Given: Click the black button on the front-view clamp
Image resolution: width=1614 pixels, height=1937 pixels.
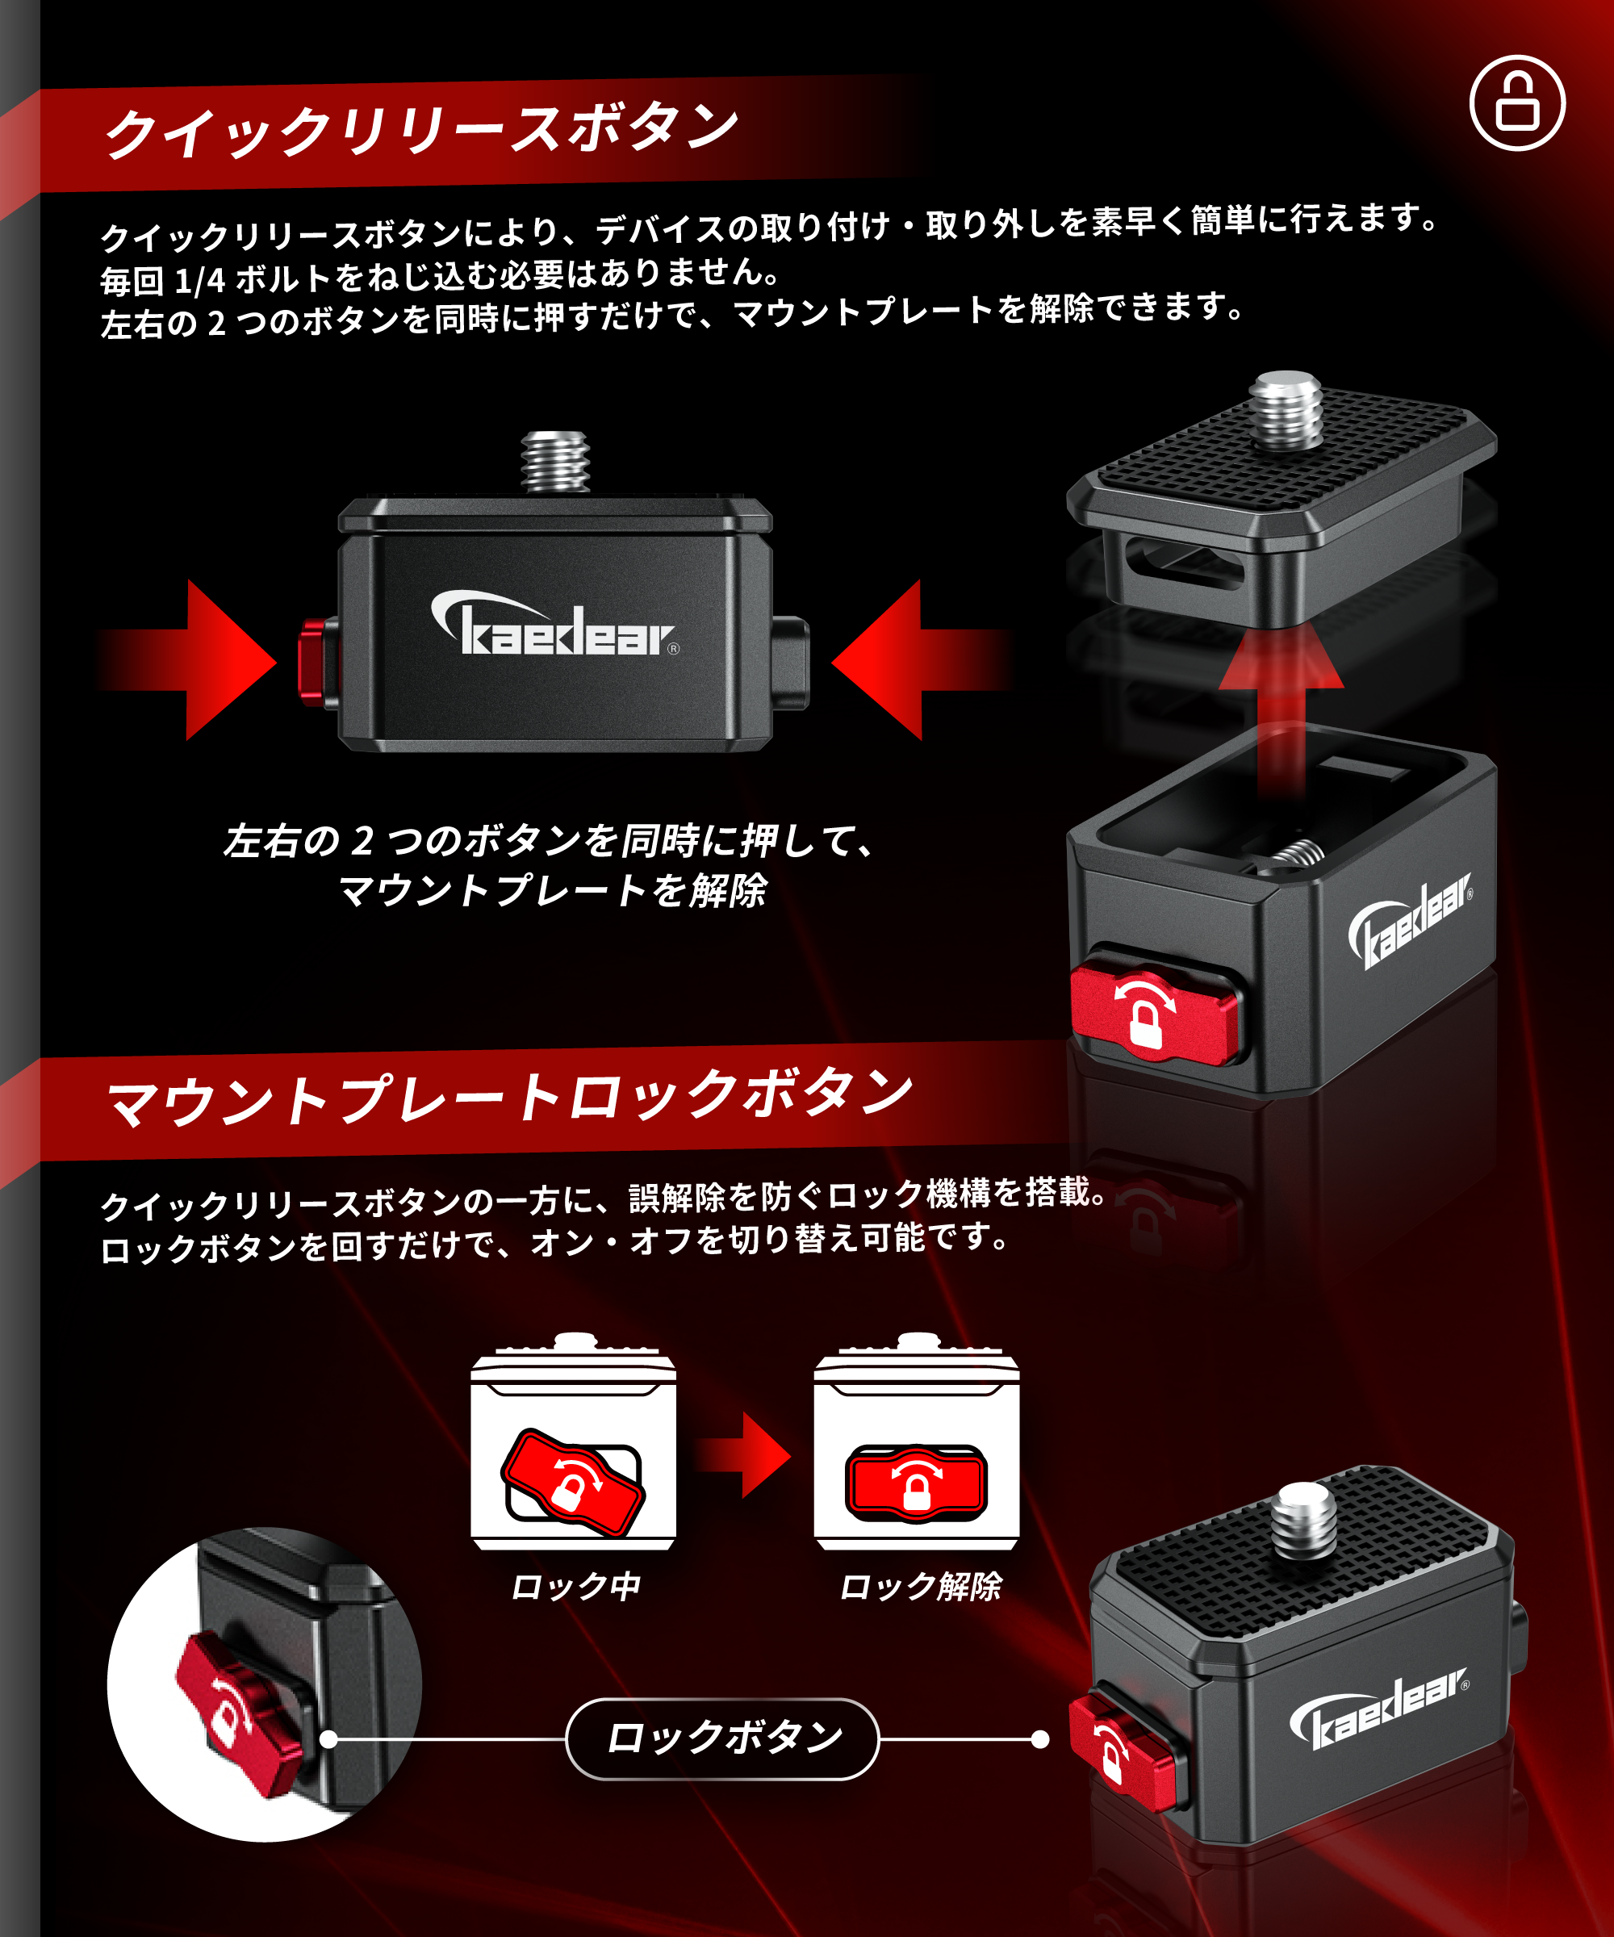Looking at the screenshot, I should tap(792, 663).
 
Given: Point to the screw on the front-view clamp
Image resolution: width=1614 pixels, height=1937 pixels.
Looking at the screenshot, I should tap(555, 460).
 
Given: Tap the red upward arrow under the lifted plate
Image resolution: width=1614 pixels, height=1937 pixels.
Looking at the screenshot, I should tap(1281, 701).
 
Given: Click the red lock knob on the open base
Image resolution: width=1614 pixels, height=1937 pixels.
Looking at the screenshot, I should tap(1153, 1014).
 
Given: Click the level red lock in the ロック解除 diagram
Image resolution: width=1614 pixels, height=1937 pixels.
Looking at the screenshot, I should tap(916, 1483).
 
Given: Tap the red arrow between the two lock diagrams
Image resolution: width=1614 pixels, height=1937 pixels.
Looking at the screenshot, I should tap(747, 1454).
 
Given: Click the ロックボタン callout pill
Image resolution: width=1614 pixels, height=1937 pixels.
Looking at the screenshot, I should tap(722, 1738).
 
